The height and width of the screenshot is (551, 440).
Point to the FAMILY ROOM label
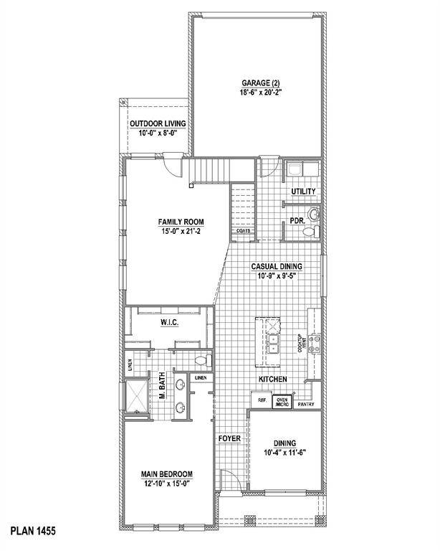coord(176,222)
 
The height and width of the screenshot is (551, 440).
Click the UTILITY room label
coord(303,192)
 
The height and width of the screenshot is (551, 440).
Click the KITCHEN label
coord(273,379)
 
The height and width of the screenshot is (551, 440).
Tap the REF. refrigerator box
coord(257,400)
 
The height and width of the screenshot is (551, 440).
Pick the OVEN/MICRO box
coord(282,402)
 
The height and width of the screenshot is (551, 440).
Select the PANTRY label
coord(306,404)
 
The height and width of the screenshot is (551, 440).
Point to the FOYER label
coord(229,436)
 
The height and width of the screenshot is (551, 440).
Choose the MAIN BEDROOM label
coord(168,474)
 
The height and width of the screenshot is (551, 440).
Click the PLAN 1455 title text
coord(33,532)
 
